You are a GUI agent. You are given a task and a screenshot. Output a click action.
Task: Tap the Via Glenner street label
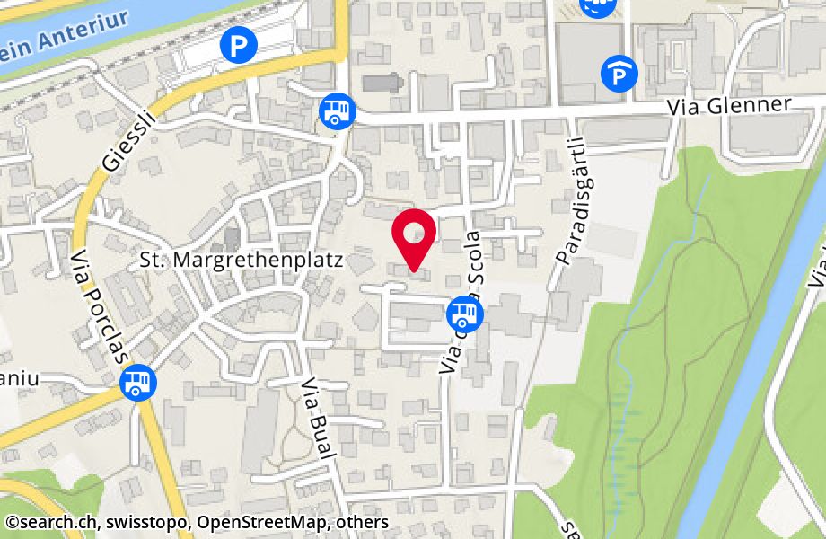click(729, 106)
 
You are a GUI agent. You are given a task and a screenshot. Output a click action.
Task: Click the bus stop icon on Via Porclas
click(138, 383)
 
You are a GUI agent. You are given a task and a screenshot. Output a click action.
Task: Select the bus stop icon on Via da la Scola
click(464, 314)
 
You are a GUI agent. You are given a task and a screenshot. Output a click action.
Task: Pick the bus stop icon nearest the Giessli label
click(338, 111)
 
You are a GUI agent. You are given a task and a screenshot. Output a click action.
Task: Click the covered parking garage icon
click(619, 74)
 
